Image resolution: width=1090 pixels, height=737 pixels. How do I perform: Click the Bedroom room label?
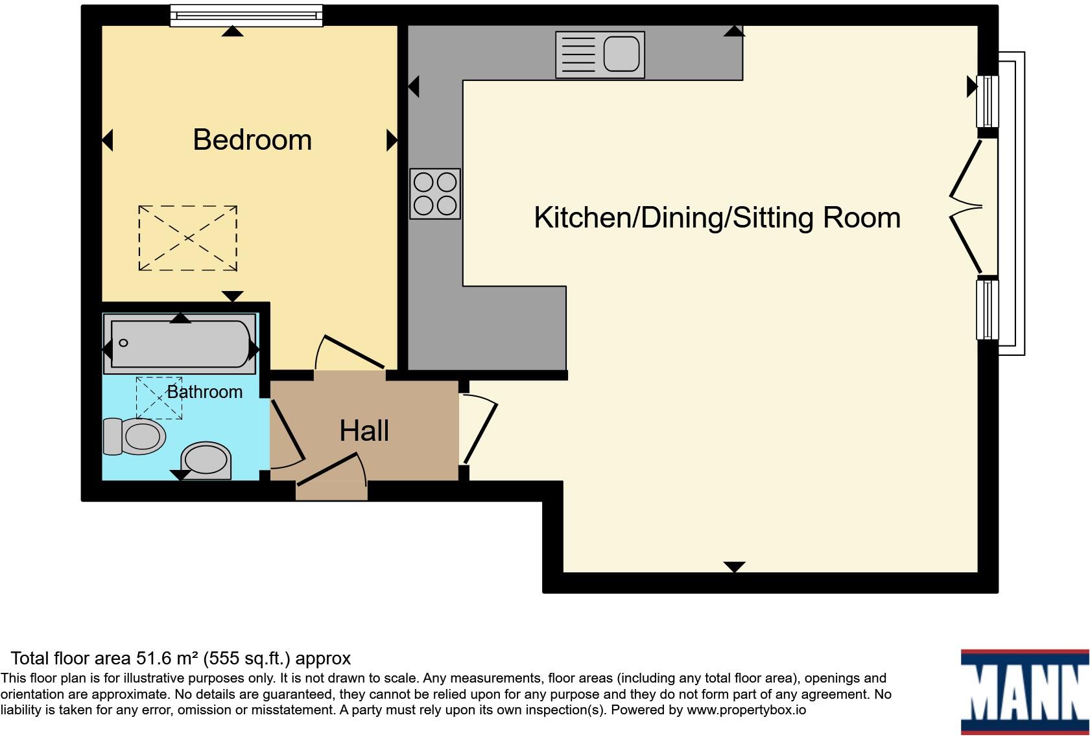tap(252, 140)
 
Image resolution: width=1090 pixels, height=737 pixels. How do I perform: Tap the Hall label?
tap(364, 431)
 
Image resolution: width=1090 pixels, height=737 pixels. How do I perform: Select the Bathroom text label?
tap(205, 392)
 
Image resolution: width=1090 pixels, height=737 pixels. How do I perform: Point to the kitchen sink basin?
tap(621, 54)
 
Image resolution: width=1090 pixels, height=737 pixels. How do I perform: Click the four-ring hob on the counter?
tap(435, 193)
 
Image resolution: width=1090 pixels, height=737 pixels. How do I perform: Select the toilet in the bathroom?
tap(134, 436)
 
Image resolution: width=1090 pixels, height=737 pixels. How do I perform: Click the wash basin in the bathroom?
tap(206, 460)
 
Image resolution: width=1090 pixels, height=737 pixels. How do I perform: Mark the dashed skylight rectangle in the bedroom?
tap(187, 238)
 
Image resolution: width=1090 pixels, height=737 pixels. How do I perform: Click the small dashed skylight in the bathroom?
tap(159, 398)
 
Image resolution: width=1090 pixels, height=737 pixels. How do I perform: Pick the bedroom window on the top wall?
tap(246, 16)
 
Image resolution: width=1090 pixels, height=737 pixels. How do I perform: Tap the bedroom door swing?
tap(350, 353)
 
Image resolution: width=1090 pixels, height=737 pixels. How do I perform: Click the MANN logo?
tap(1024, 692)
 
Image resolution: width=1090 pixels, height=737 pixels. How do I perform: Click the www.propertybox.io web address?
tap(746, 710)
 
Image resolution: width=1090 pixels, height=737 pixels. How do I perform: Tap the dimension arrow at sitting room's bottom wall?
tap(734, 567)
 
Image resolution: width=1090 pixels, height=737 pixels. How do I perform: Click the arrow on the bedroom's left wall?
tap(108, 140)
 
